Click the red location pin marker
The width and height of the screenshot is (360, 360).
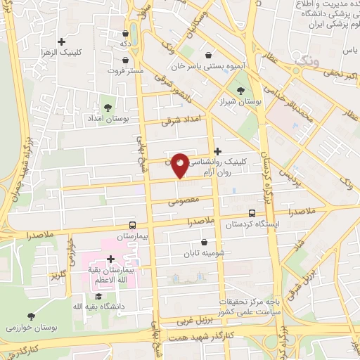pyautogui.click(x=180, y=165)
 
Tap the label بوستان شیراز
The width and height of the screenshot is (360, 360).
pyautogui.click(x=243, y=102)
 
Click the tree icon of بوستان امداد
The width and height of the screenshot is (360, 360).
pyautogui.click(x=108, y=108)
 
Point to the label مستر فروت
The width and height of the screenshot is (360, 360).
pyautogui.click(x=126, y=70)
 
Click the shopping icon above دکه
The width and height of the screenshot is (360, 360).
pyautogui.click(x=126, y=32)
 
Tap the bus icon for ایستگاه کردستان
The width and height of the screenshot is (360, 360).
pyautogui.click(x=252, y=213)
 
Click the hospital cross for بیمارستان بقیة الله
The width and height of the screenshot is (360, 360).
pyautogui.click(x=110, y=259)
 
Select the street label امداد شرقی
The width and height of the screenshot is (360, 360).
pyautogui.click(x=181, y=120)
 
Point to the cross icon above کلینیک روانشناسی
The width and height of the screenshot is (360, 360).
pyautogui.click(x=218, y=151)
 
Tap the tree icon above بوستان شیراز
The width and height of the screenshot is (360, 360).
pyautogui.click(x=243, y=90)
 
